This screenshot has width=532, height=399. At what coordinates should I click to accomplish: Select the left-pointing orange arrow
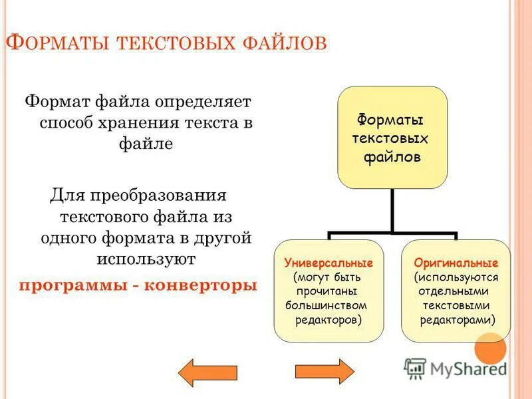pyautogui.click(x=208, y=372)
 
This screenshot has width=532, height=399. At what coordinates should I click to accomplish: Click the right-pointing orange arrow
pyautogui.click(x=325, y=372)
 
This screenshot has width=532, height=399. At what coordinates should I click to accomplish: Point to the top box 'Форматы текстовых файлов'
pyautogui.click(x=392, y=137)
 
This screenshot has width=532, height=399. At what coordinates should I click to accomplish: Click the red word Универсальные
pyautogui.click(x=329, y=263)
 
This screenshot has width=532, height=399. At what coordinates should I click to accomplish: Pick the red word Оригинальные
pyautogui.click(x=456, y=263)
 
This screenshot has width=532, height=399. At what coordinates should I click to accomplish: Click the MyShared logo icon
pyautogui.click(x=416, y=368)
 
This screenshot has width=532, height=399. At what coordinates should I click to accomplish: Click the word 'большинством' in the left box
pyautogui.click(x=326, y=305)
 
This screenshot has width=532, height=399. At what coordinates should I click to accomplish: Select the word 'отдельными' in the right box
pyautogui.click(x=456, y=291)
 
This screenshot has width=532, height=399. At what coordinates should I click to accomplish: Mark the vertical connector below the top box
pyautogui.click(x=392, y=209)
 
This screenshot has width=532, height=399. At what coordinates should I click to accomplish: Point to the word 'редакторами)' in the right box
pyautogui.click(x=457, y=320)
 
